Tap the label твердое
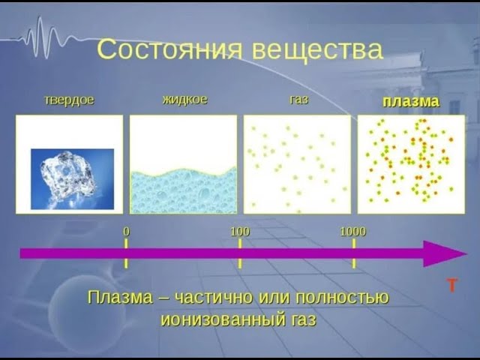69,100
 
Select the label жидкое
184,99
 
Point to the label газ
298,100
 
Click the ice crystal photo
72,178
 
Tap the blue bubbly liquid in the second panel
183,192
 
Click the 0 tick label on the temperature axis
126,232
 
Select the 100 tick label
240,232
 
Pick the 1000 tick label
352,232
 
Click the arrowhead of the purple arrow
435,253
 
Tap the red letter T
452,286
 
